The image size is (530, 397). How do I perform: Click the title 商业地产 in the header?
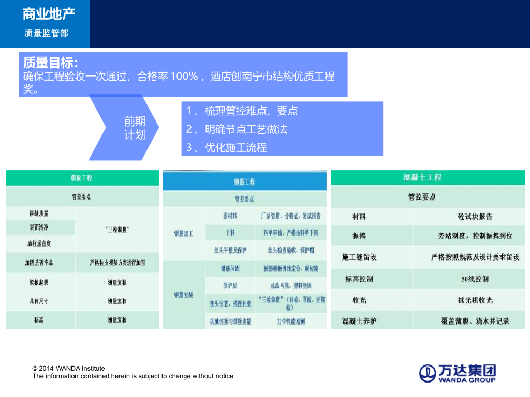(46, 14)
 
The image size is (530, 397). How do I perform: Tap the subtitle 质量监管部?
(46, 33)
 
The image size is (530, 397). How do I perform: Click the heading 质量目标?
(51, 63)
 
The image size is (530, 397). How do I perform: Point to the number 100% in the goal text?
(184, 77)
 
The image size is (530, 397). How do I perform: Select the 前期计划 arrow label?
(135, 128)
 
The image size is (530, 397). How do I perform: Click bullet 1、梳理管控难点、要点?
(242, 111)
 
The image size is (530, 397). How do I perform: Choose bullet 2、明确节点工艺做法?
(237, 129)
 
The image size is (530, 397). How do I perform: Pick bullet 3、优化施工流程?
(227, 147)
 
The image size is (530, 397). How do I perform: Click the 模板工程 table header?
(82, 178)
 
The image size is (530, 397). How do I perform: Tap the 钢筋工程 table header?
(244, 182)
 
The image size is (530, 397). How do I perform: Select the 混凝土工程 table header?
(422, 177)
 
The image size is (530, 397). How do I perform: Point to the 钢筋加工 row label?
(184, 234)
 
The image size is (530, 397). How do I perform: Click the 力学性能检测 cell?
(291, 322)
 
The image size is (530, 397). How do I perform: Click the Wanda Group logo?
(457, 373)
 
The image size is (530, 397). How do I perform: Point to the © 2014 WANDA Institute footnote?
(69, 369)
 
